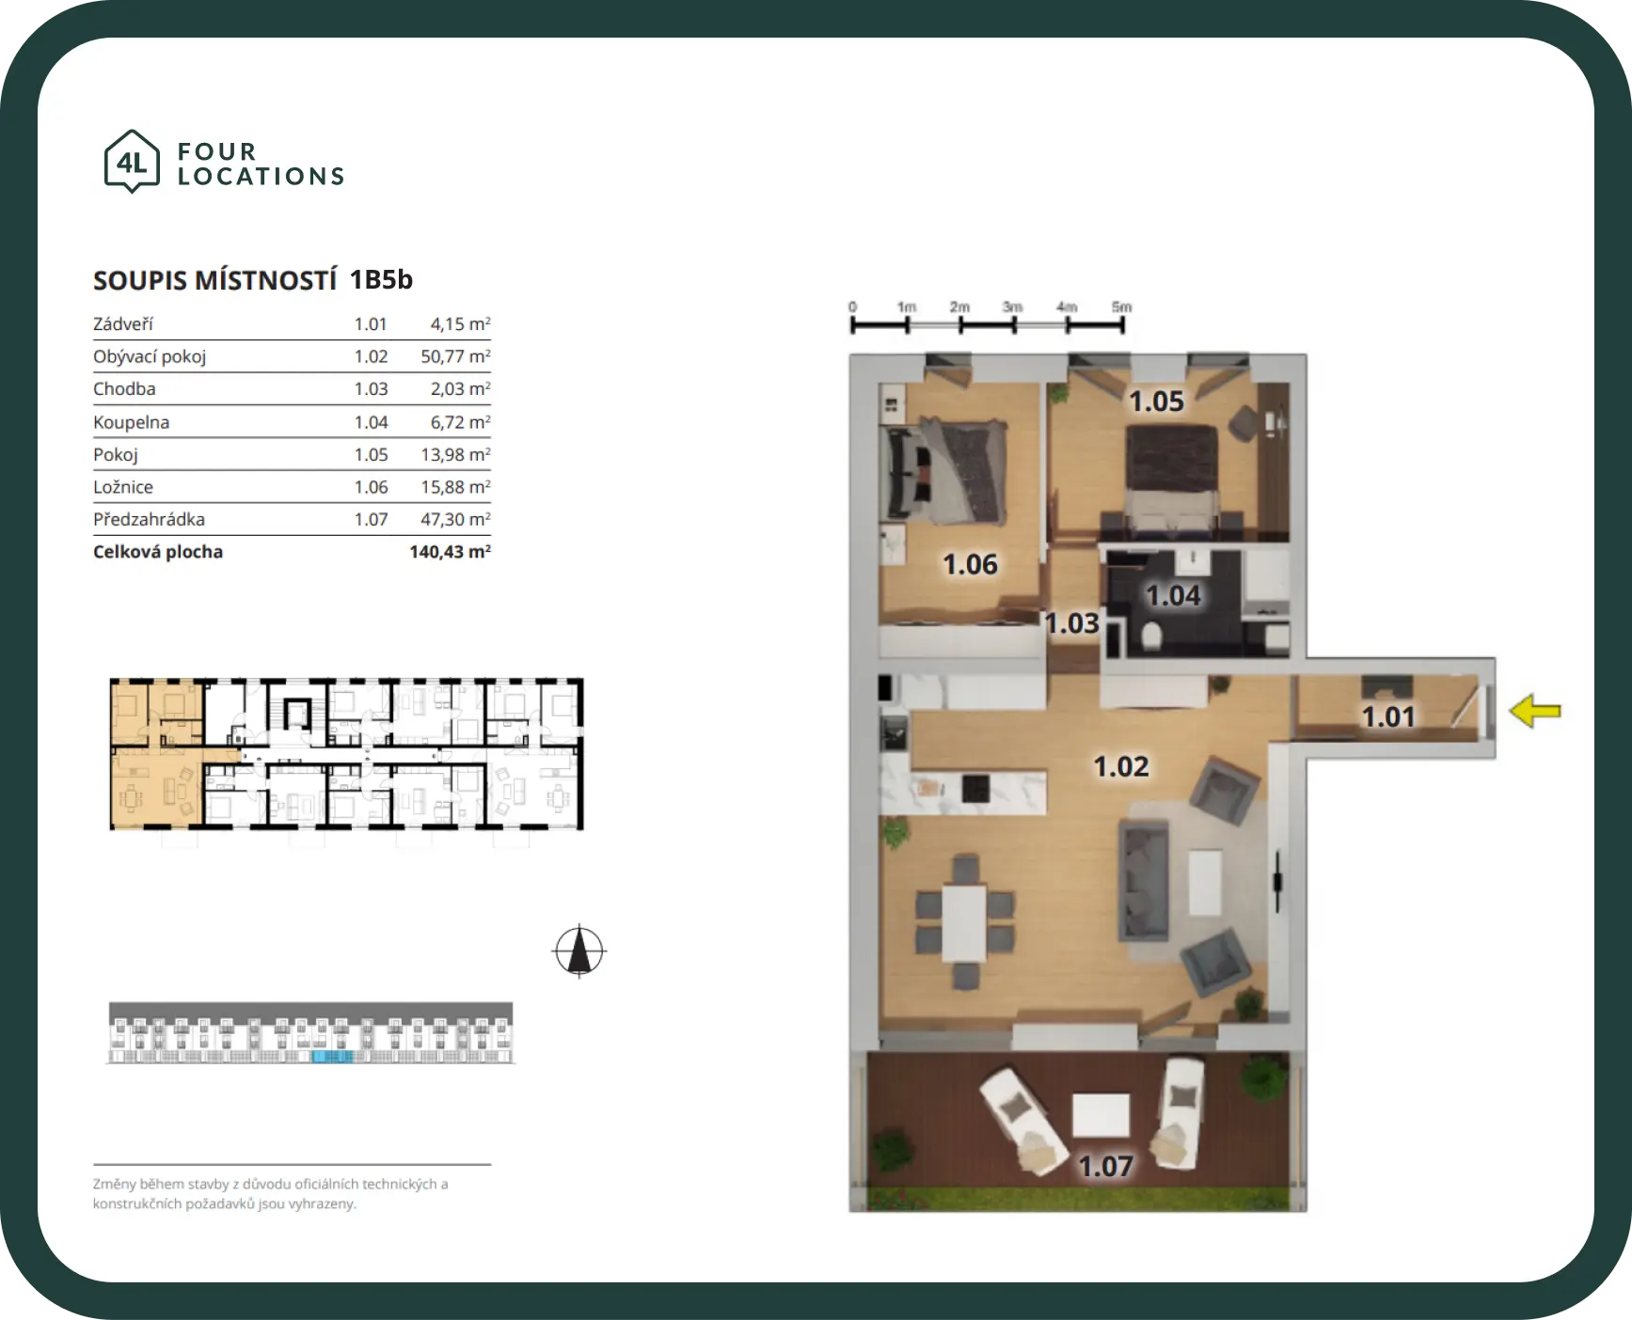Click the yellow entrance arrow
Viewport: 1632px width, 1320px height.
coord(1535,711)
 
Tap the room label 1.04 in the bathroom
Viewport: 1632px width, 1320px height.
coord(1173,595)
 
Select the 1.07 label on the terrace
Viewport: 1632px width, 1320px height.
coord(1105,1167)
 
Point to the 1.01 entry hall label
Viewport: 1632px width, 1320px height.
coord(1388,717)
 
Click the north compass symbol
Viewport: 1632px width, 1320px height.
coord(579,951)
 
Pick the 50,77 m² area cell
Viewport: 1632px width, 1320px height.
coord(455,356)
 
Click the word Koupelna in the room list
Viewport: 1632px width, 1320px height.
coord(131,422)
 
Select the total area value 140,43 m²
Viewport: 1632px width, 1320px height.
coord(450,552)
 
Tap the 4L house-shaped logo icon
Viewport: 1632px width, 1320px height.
coord(132,162)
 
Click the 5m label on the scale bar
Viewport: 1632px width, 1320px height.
coord(1121,306)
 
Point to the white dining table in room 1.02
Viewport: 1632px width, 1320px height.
coord(965,922)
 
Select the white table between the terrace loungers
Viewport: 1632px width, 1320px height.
coord(1101,1114)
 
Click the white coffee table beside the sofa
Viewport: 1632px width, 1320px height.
coord(1205,882)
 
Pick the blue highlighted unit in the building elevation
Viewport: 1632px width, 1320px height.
coord(332,1057)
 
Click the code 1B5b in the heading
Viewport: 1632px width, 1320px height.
coord(381,279)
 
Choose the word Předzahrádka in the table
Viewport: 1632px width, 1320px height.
coord(149,519)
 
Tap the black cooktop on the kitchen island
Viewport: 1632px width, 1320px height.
coord(975,788)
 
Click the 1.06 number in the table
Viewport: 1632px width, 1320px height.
coord(371,487)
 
